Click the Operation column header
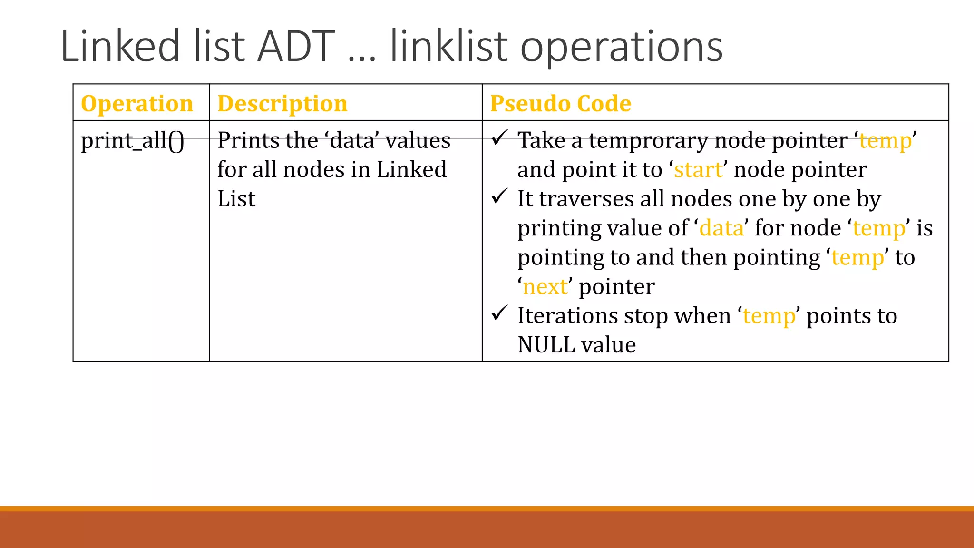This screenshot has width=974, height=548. (x=137, y=104)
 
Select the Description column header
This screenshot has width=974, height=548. (x=282, y=104)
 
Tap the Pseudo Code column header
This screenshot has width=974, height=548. (x=561, y=104)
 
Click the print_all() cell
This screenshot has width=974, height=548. (x=132, y=141)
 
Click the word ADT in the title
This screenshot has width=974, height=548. (x=296, y=47)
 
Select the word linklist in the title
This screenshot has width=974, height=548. (x=448, y=47)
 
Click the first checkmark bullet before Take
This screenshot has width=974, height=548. (x=499, y=138)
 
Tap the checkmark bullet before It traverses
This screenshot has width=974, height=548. (x=499, y=196)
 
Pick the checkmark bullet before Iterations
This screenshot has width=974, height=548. (x=499, y=313)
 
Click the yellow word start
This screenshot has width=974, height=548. (x=698, y=170)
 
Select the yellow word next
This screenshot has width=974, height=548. (x=545, y=287)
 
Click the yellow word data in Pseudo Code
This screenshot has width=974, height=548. (x=721, y=228)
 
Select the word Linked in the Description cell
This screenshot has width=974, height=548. (x=411, y=170)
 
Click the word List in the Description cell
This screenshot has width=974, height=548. (x=236, y=199)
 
